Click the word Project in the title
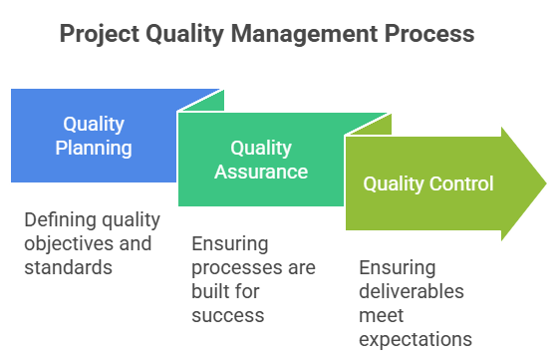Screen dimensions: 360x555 coord(100,35)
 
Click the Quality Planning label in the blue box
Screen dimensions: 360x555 coord(94,137)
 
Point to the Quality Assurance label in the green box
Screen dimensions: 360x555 coord(261,160)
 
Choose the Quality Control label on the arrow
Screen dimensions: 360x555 coord(427,183)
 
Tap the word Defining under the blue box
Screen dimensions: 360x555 coord(57,221)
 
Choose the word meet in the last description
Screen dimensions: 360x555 coord(380,315)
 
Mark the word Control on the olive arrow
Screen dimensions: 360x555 coord(462,183)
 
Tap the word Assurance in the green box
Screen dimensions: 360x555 coord(261,172)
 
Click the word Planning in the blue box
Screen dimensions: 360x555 coord(94,149)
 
